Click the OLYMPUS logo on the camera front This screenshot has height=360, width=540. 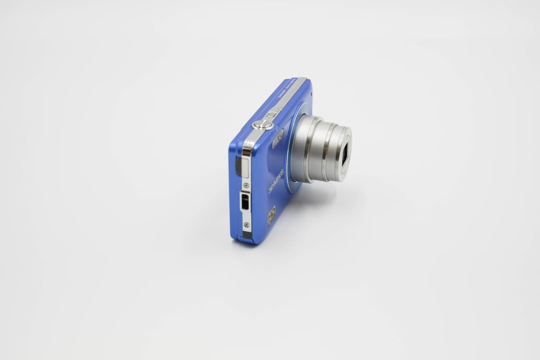(x=276, y=181)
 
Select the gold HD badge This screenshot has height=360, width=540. (x=272, y=216)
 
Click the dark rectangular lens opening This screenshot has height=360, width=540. (x=345, y=156)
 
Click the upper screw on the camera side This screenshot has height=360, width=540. (x=246, y=185)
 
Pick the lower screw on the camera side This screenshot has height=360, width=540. (x=246, y=224)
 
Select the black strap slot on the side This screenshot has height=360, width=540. (x=245, y=202)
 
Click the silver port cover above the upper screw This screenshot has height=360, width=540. (x=244, y=168)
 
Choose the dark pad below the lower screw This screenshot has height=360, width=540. (x=246, y=235)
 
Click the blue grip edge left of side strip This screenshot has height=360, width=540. (x=234, y=192)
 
